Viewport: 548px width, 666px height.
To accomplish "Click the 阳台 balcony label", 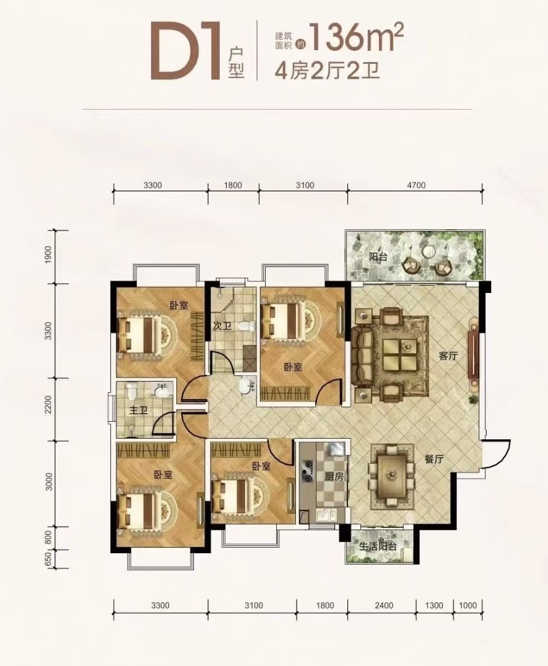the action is pos(378,257).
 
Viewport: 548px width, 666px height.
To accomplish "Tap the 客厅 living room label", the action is pos(448,356).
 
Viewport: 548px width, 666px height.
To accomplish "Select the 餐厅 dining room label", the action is pos(434,459).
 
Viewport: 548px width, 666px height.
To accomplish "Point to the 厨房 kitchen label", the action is pos(334,476).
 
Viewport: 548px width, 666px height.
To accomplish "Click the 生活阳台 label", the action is pos(378,546).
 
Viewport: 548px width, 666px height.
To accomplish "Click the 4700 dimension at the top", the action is pos(416,185).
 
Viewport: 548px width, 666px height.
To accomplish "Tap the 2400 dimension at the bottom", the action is pos(384,605).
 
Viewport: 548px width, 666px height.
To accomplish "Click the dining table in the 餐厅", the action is pos(392,476).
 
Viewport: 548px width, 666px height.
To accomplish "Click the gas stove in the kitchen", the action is pos(307,471).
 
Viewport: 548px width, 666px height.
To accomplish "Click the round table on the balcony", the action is pos(428,252).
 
